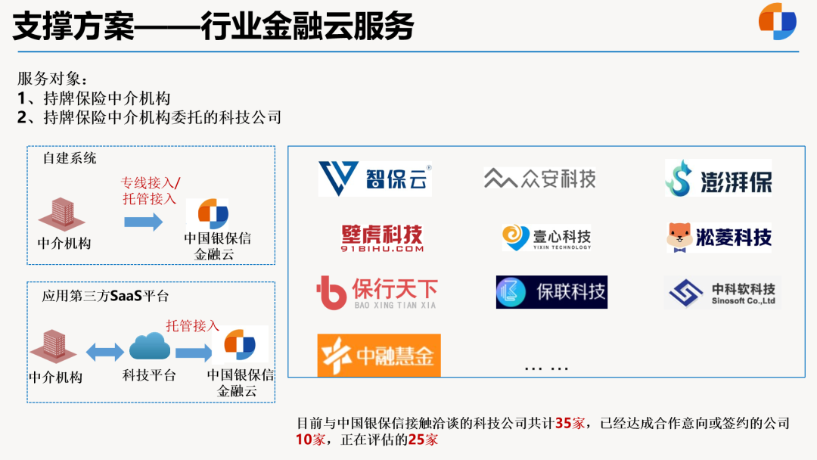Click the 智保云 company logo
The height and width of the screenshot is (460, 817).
click(x=375, y=179)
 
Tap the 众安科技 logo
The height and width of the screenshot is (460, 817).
click(x=539, y=179)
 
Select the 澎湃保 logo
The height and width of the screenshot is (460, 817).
click(x=718, y=179)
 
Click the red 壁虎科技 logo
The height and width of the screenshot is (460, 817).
click(x=381, y=237)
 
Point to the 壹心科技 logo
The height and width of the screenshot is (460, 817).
click(x=546, y=238)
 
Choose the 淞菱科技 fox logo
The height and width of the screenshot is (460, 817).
click(x=719, y=237)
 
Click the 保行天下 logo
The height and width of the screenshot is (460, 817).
click(x=377, y=293)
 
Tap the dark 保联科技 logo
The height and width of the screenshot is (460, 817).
click(x=551, y=292)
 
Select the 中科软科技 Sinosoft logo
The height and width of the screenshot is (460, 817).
click(x=722, y=293)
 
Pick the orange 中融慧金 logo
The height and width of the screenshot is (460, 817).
click(x=378, y=355)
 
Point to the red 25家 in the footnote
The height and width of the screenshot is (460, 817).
click(x=423, y=439)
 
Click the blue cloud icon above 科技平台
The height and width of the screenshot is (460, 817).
click(x=149, y=347)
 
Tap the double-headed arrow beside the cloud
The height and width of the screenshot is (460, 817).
click(x=104, y=352)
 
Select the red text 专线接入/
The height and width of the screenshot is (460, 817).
click(x=151, y=183)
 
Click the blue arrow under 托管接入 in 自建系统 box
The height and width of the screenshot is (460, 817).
click(x=143, y=222)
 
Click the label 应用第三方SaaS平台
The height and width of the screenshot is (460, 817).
click(x=105, y=296)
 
